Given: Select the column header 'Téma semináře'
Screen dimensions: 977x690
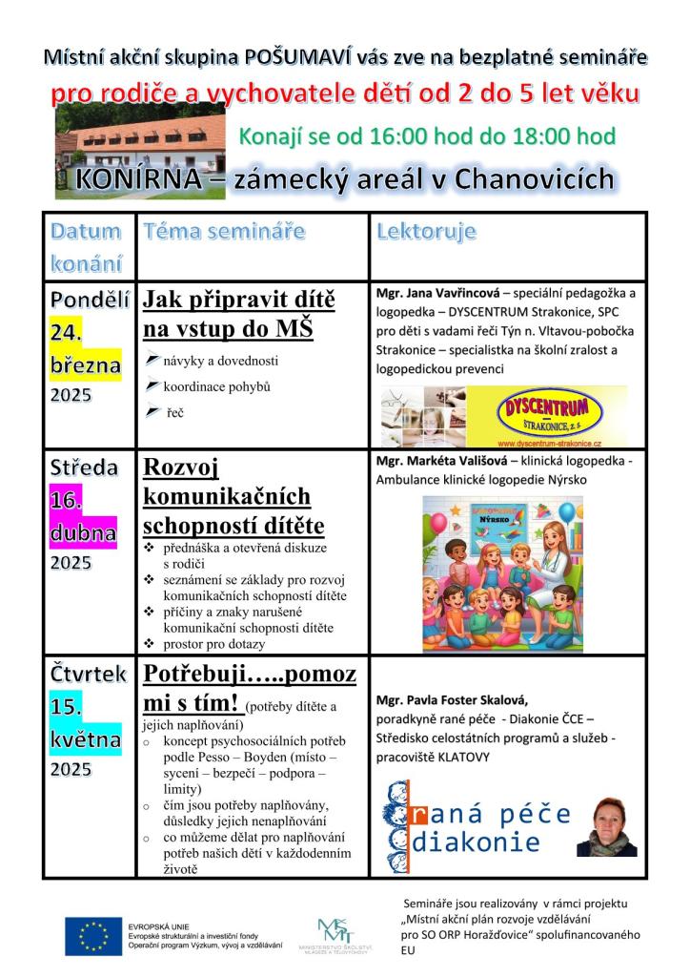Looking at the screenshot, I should tap(224, 231).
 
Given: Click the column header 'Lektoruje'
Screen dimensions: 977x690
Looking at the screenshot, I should tap(426, 231).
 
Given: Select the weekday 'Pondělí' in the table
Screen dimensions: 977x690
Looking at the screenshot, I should tap(89, 298).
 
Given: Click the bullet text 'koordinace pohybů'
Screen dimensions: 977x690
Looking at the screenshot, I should tap(217, 386).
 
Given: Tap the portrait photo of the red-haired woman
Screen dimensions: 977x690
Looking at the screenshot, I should tap(605, 826).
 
